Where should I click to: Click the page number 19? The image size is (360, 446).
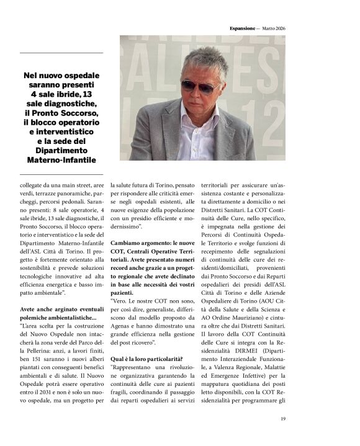(282, 420)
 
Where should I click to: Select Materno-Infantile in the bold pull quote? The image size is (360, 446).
(66, 161)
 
